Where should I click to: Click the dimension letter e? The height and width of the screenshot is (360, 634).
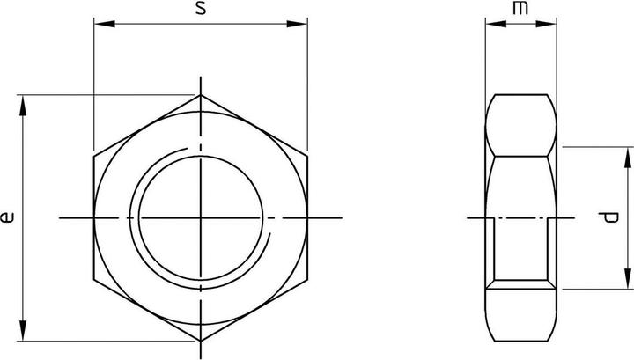(8, 217)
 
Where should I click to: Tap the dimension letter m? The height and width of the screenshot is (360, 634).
(523, 9)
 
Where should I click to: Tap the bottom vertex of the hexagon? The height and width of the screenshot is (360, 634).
(201, 340)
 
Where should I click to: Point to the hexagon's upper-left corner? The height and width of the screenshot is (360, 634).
(94, 156)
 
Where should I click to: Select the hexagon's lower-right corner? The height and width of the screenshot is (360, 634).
(307, 278)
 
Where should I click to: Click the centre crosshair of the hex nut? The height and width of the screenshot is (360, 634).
(201, 217)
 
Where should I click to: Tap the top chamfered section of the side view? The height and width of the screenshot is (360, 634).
(523, 126)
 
